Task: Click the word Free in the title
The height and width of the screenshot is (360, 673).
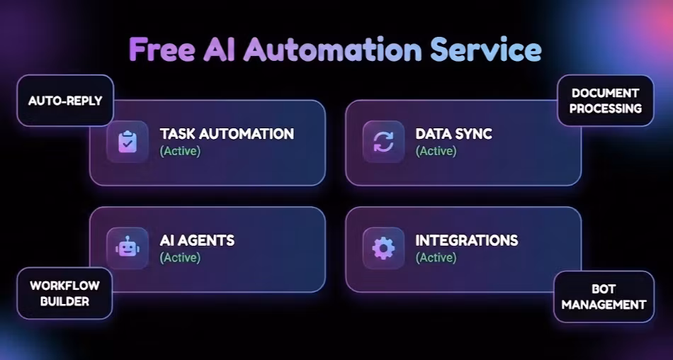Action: [162, 50]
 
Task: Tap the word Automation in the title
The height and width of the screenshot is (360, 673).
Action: [333, 50]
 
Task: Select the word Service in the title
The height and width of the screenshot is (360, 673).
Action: [486, 50]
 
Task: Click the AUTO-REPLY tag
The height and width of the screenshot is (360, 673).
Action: [65, 101]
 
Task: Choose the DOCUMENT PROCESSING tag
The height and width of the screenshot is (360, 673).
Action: [605, 101]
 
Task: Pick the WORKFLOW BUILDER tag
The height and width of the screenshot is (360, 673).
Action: [64, 293]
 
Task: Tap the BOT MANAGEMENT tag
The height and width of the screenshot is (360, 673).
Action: [604, 297]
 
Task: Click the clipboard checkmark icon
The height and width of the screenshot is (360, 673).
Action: [128, 142]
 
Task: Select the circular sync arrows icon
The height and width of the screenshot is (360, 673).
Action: [383, 142]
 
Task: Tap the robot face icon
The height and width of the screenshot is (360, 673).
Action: [128, 248]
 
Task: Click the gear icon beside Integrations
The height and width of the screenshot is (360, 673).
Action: [383, 248]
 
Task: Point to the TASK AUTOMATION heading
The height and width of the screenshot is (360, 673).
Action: [227, 134]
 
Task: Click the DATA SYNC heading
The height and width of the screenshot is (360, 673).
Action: [453, 134]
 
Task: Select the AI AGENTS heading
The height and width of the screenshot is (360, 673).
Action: [197, 240]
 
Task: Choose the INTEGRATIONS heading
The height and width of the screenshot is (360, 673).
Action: [467, 240]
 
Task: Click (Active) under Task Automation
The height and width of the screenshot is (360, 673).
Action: [180, 151]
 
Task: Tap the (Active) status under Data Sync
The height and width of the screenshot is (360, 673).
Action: [436, 151]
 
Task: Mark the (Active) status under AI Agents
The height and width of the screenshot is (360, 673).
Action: [180, 258]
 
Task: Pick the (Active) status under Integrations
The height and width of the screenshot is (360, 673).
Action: [436, 258]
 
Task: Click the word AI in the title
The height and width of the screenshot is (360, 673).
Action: [219, 50]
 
